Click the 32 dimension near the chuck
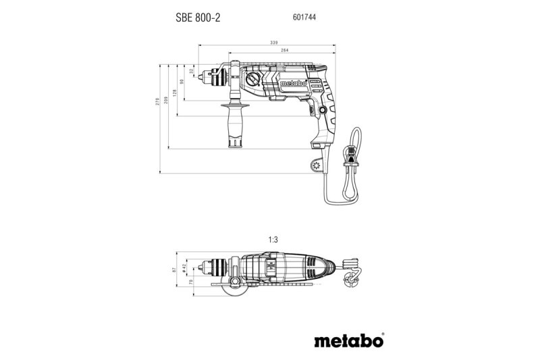(x=191, y=70)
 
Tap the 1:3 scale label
(x=273, y=240)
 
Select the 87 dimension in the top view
(x=175, y=269)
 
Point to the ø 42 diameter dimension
(x=184, y=269)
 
